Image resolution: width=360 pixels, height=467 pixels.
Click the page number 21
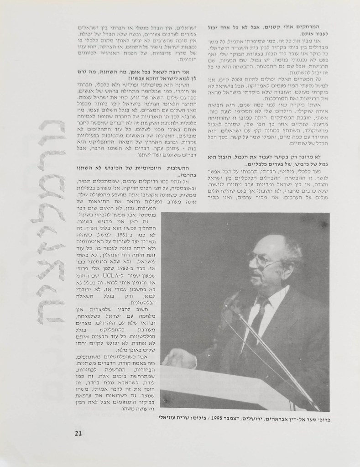tap(78, 433)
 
